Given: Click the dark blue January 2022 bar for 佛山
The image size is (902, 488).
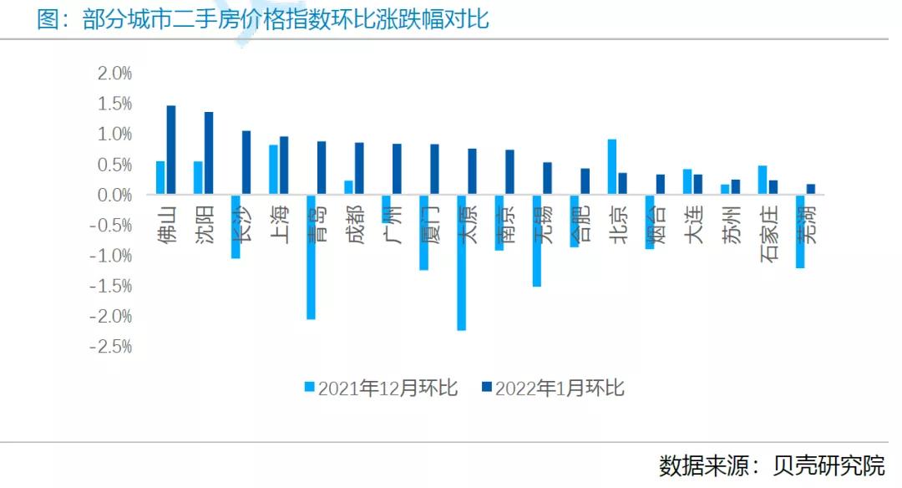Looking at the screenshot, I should coord(171,150).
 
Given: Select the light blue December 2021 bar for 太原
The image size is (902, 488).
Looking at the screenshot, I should coord(461,262).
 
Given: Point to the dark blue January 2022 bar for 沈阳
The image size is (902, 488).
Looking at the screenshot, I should coord(209,154).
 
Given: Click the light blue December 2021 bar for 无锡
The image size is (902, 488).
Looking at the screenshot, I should coord(536,241).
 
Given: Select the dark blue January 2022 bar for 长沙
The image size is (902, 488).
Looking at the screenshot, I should coord(246,163).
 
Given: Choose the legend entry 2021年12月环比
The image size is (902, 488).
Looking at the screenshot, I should coord(380,389).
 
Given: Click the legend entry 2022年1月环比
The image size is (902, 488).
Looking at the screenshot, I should coord(552,389).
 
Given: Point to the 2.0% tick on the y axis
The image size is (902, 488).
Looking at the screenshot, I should coord(114,74).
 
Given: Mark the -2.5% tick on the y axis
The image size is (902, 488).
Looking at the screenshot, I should coord(112,347).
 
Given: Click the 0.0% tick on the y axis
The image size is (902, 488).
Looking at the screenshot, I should coord(114,195).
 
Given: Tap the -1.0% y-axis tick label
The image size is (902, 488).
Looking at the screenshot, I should coord(112,256).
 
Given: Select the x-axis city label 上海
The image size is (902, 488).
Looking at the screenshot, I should coord(279,224).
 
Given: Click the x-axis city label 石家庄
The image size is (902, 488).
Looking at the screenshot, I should coord(769,234).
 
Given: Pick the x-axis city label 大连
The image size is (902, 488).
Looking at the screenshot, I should coord(693,224).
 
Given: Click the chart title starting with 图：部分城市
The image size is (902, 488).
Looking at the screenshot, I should coord(263,19).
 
